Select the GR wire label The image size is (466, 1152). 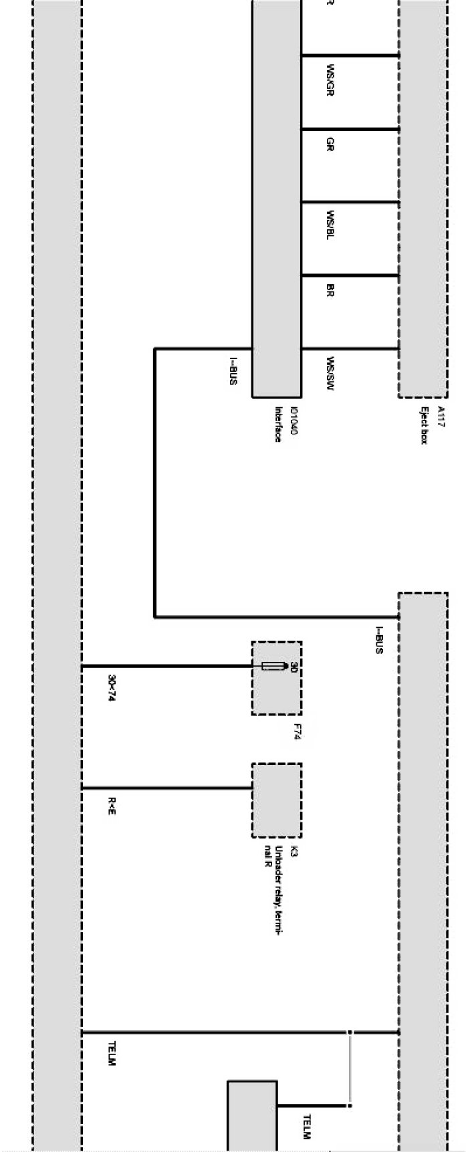click(x=330, y=144)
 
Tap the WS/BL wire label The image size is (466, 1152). click(x=330, y=225)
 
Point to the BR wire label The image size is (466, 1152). click(x=330, y=290)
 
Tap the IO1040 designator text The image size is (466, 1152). click(x=292, y=423)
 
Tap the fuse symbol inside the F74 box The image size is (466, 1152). click(x=271, y=666)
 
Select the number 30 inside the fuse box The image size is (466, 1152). click(x=293, y=667)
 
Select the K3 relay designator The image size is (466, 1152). click(x=294, y=853)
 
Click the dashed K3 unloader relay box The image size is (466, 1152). click(x=276, y=800)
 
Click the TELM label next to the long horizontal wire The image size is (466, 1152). click(x=112, y=1054)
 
